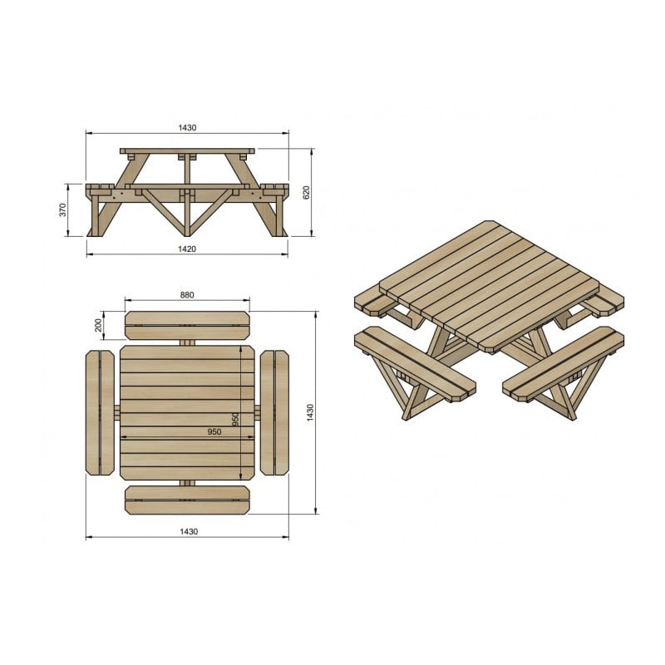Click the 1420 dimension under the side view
tap(186, 248)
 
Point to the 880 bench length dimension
tap(186, 293)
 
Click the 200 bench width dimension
tap(98, 324)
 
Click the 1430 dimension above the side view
tap(186, 128)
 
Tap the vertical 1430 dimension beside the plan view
tap(309, 411)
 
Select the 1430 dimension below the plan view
tap(188, 532)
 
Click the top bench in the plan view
tap(188, 325)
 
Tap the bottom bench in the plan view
tap(188, 501)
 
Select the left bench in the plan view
tap(100, 412)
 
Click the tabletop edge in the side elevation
tap(187, 151)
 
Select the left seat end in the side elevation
tap(98, 187)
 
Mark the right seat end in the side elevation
tap(275, 187)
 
